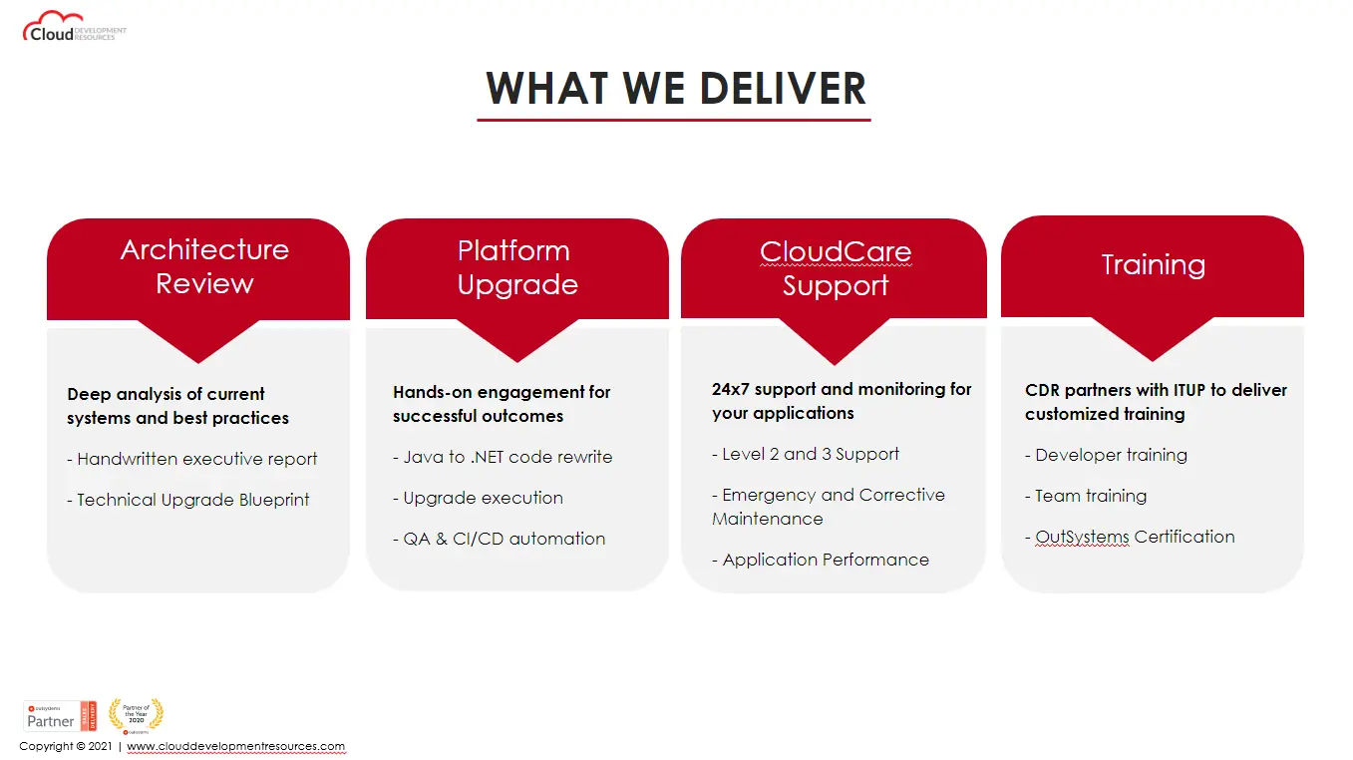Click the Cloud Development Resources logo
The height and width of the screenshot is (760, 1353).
pyautogui.click(x=74, y=27)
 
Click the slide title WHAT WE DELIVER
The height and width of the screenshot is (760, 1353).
pyautogui.click(x=675, y=88)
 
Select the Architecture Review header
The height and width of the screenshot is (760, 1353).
pyautogui.click(x=204, y=266)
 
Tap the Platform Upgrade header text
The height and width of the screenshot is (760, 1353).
pyautogui.click(x=516, y=267)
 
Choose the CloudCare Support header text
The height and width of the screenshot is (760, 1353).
pyautogui.click(x=835, y=268)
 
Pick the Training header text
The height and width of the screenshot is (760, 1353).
pyautogui.click(x=1153, y=264)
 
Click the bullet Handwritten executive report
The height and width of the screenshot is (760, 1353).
pyautogui.click(x=192, y=459)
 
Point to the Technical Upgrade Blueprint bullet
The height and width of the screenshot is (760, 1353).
pyautogui.click(x=188, y=500)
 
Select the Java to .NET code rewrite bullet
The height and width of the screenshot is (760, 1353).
pyautogui.click(x=503, y=457)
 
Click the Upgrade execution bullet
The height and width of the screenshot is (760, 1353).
pyautogui.click(x=478, y=498)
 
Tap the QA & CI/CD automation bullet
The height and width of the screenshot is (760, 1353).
pyautogui.click(x=499, y=539)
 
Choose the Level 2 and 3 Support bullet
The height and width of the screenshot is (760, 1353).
pyautogui.click(x=806, y=454)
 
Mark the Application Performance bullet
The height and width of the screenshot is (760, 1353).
pyautogui.click(x=821, y=560)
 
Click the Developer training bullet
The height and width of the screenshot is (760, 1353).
pyautogui.click(x=1106, y=455)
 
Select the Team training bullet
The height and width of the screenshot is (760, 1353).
pyautogui.click(x=1086, y=496)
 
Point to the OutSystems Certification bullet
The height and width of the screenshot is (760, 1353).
pyautogui.click(x=1130, y=537)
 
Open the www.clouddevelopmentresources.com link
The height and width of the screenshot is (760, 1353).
pyautogui.click(x=235, y=746)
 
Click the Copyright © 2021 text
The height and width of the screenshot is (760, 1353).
pyautogui.click(x=66, y=746)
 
